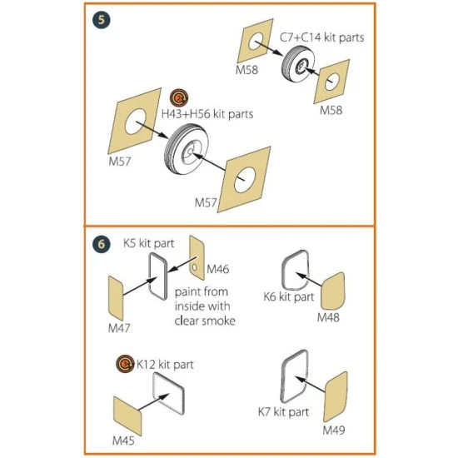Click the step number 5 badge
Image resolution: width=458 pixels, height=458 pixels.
click(x=102, y=20)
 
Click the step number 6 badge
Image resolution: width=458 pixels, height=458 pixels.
click(x=102, y=244)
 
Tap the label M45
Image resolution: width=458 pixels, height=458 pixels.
click(x=123, y=441)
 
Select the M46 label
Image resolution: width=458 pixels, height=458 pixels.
click(x=218, y=269)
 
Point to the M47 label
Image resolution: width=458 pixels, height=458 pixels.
click(x=119, y=328)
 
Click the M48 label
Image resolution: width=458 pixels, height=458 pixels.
click(x=328, y=317)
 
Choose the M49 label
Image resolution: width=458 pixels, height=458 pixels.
click(x=334, y=430)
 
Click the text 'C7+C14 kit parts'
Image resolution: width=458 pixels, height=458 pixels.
click(x=322, y=37)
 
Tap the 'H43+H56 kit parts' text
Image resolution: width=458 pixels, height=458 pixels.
click(x=207, y=114)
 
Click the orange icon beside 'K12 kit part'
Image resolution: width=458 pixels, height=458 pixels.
click(x=125, y=364)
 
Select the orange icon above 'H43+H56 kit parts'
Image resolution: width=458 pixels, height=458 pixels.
click(x=179, y=98)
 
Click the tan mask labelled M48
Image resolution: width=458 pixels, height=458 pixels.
click(x=333, y=291)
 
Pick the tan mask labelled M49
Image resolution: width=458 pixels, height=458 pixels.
click(x=336, y=396)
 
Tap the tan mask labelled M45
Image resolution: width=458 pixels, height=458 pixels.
click(x=127, y=416)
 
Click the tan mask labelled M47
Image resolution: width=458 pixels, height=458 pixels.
click(x=116, y=298)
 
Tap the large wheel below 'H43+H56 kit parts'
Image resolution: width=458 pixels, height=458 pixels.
click(x=186, y=149)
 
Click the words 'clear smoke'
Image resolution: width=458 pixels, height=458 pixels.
click(x=205, y=321)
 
